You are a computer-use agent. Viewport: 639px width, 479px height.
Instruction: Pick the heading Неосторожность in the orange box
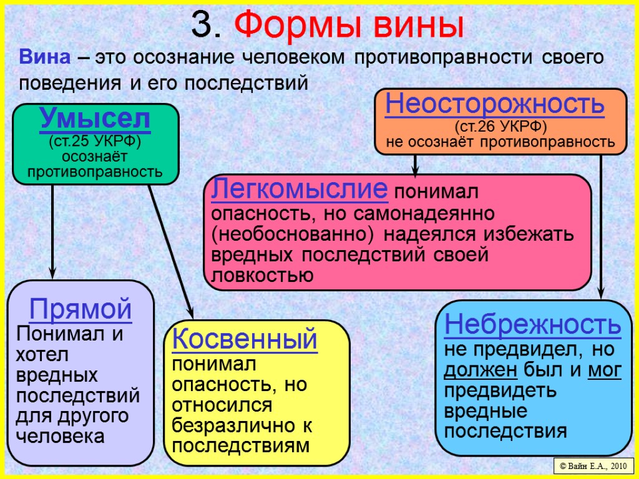[x=495, y=105]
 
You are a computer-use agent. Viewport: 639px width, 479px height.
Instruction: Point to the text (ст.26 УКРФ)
[x=500, y=127]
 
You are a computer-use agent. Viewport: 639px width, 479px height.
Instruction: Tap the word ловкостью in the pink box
[x=263, y=275]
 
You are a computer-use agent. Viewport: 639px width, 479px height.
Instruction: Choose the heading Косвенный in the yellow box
[x=245, y=340]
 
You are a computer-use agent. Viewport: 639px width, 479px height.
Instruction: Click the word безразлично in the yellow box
[x=237, y=426]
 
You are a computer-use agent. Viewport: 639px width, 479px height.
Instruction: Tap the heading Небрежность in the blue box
[x=532, y=324]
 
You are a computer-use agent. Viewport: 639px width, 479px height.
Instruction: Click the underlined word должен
[x=480, y=370]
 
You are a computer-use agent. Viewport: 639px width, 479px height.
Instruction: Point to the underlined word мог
[x=604, y=370]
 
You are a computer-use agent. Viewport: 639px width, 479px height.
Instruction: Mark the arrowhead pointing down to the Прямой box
[x=52, y=273]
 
